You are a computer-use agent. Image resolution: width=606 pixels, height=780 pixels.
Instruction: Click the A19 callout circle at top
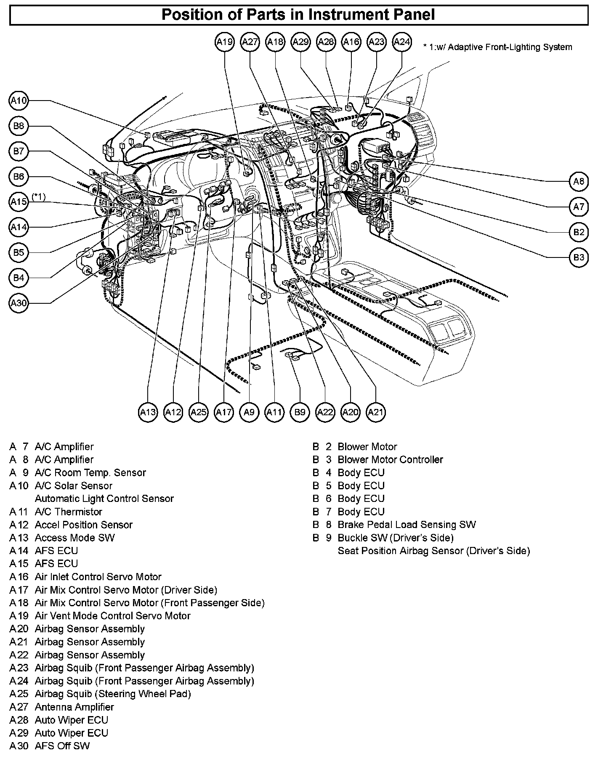pyautogui.click(x=225, y=42)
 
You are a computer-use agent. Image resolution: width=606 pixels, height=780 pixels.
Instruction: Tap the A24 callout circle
pyautogui.click(x=401, y=42)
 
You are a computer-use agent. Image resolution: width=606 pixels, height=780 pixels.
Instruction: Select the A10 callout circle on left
pyautogui.click(x=19, y=101)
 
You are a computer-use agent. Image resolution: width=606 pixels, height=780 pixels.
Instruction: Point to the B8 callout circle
pyautogui.click(x=19, y=126)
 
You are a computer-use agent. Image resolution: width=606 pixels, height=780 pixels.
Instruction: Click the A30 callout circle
pyautogui.click(x=19, y=303)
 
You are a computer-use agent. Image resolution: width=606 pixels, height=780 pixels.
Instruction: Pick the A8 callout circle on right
pyautogui.click(x=579, y=181)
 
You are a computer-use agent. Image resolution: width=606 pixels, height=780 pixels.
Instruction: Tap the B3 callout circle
pyautogui.click(x=579, y=257)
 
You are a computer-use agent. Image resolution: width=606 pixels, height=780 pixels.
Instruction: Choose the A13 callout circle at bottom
pyautogui.click(x=148, y=412)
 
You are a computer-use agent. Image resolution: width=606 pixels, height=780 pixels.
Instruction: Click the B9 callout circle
pyautogui.click(x=300, y=412)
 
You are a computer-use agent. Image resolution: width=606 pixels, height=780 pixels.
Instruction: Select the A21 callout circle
pyautogui.click(x=375, y=412)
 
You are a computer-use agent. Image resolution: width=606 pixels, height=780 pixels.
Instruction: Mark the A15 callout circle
pyautogui.click(x=19, y=202)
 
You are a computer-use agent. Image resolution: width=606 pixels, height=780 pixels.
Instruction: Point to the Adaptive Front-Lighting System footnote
pyautogui.click(x=498, y=47)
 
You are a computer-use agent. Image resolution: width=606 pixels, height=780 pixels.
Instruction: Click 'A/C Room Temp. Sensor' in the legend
pyautogui.click(x=90, y=472)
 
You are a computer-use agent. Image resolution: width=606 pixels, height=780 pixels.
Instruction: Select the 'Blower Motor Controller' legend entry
pyautogui.click(x=390, y=459)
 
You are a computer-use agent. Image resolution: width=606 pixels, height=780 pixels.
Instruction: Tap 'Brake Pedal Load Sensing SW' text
pyautogui.click(x=407, y=525)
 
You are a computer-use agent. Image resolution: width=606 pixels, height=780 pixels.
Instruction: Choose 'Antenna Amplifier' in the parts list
pyautogui.click(x=74, y=707)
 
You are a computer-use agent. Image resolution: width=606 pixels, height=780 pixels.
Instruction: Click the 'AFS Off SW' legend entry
pyautogui.click(x=62, y=746)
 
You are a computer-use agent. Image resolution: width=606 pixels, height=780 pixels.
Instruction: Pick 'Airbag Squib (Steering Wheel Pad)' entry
pyautogui.click(x=113, y=694)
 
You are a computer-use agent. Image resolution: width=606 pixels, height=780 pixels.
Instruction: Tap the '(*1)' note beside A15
pyautogui.click(x=39, y=196)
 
